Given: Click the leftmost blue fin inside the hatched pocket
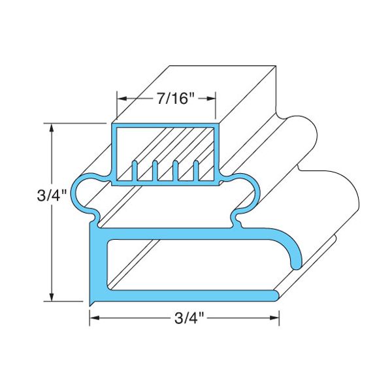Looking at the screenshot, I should [x=135, y=170].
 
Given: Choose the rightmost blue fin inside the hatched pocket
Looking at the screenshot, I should [x=196, y=170].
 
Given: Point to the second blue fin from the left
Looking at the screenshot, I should [x=155, y=170].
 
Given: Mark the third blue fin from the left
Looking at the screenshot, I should [x=176, y=170].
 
